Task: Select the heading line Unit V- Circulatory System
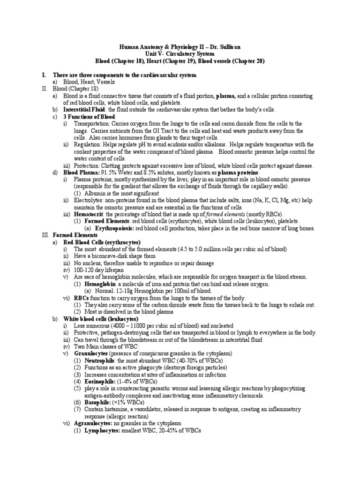(180, 54)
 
